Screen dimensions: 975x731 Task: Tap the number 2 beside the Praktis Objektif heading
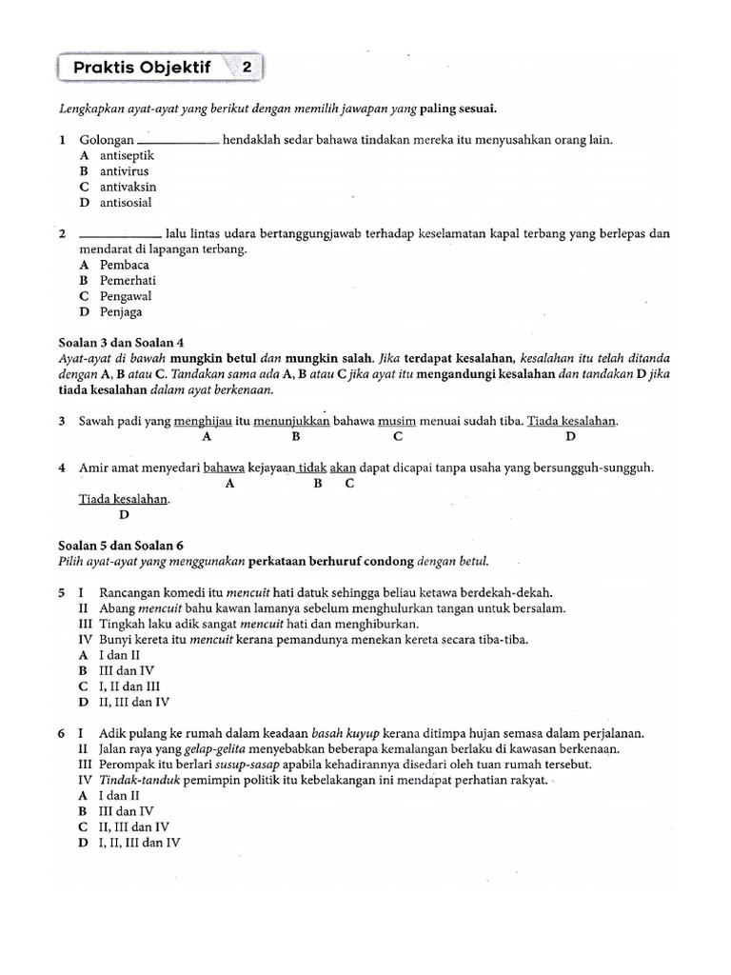247,68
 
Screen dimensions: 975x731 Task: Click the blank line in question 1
178,141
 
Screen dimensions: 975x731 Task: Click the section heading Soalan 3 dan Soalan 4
121,343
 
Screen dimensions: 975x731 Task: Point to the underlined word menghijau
204,421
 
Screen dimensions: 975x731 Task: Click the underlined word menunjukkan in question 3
291,421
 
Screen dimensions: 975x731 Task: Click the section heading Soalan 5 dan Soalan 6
121,546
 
